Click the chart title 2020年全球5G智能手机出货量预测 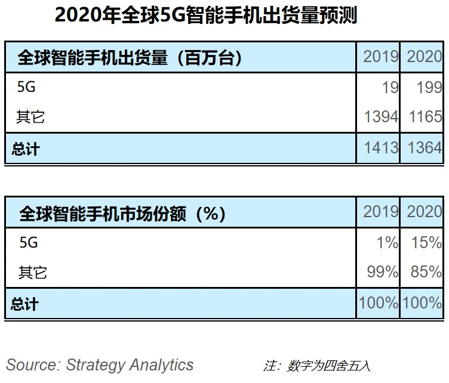click(205, 16)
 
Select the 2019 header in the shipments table click(380, 57)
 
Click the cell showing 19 click(390, 88)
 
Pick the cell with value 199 click(428, 88)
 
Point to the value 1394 click(380, 117)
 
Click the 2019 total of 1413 click(380, 147)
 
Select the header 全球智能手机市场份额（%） click(123, 213)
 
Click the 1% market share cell click(387, 243)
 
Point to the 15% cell click(427, 243)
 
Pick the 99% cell click(383, 272)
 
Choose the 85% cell click(426, 272)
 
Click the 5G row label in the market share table click(29, 243)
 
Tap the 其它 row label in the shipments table click(31, 117)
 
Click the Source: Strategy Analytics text click(100, 365)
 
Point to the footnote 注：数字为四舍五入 click(316, 365)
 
